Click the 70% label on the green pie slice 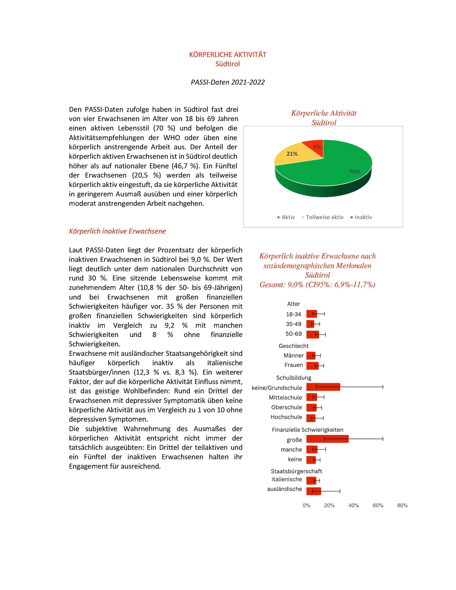[354, 172]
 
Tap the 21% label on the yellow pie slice [292, 154]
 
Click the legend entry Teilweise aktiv [324, 217]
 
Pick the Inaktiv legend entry [363, 217]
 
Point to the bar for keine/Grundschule [323, 387]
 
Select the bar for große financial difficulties [327, 439]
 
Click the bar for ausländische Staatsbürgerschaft [314, 491]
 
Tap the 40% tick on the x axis [354, 505]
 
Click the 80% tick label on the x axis [402, 505]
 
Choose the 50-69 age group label [293, 334]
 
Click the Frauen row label [294, 365]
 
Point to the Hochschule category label [286, 417]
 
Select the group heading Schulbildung [294, 378]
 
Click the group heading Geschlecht [294, 346]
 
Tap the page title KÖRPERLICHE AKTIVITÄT [228, 55]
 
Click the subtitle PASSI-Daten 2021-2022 [228, 82]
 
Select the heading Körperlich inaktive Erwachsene [117, 231]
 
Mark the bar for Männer [311, 355]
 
